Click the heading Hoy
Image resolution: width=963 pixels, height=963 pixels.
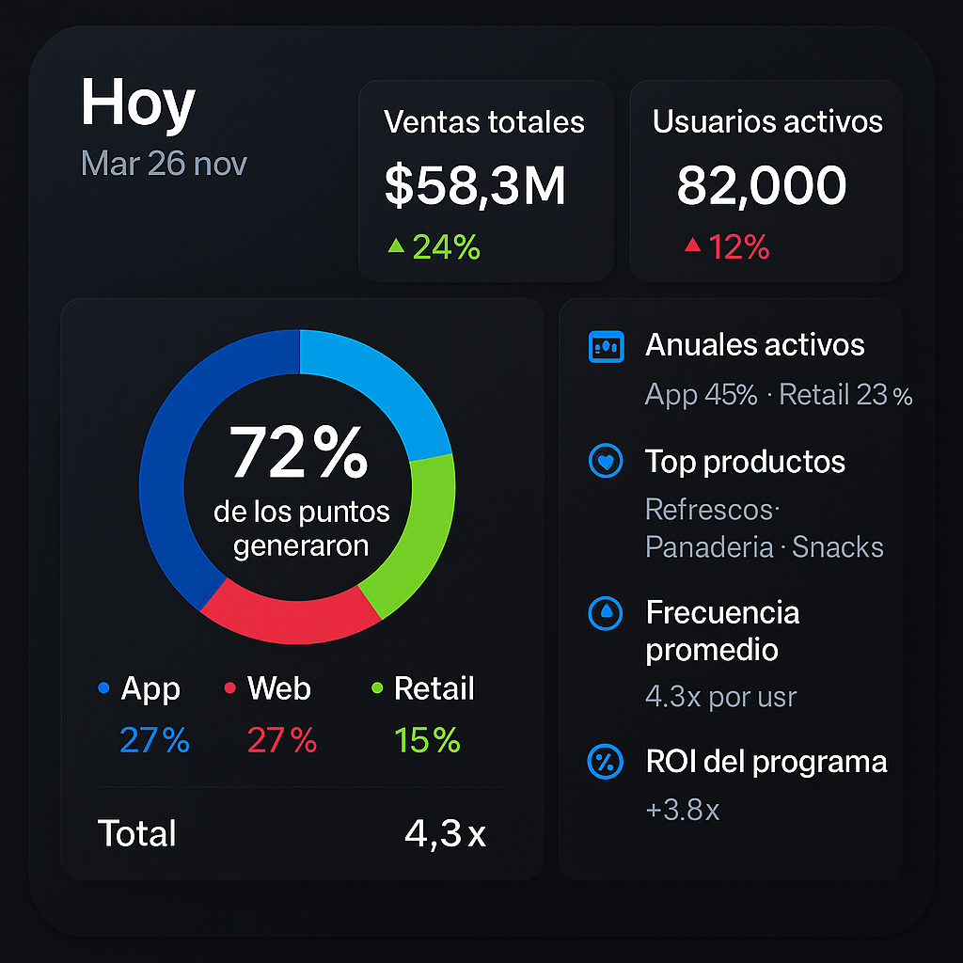click(x=137, y=104)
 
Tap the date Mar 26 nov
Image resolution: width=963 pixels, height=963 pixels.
click(x=164, y=164)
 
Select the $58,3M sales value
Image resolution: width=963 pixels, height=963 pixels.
click(x=475, y=185)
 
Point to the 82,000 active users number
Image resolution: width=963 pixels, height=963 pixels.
click(x=761, y=185)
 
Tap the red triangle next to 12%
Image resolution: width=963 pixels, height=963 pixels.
click(x=693, y=246)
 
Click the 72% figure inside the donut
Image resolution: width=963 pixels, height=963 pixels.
click(x=299, y=452)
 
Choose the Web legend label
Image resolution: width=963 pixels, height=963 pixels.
click(x=278, y=688)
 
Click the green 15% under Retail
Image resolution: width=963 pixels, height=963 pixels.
click(x=428, y=741)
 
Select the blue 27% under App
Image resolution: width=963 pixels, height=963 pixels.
click(x=154, y=741)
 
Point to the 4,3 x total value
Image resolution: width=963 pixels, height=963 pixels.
click(x=445, y=833)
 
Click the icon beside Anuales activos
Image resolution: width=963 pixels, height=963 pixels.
click(x=605, y=347)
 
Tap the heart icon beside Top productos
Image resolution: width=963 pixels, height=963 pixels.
click(x=605, y=462)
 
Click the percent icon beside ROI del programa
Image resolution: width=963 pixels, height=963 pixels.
click(x=605, y=762)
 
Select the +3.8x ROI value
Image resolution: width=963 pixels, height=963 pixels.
click(x=682, y=810)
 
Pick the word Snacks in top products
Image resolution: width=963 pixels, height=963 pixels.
click(x=837, y=547)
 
